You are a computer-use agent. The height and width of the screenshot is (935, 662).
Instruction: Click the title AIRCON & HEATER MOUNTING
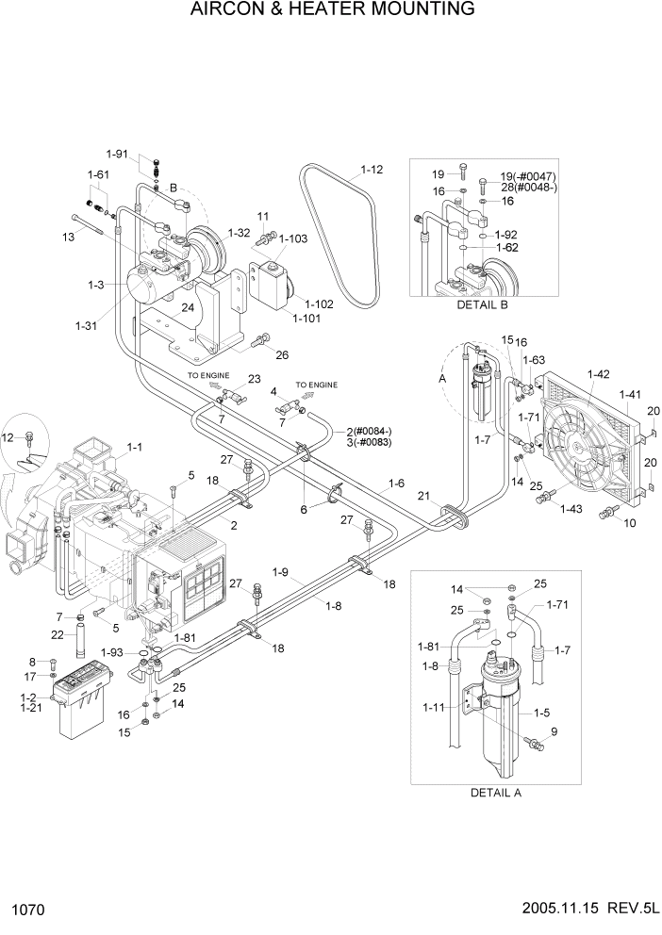point(332,10)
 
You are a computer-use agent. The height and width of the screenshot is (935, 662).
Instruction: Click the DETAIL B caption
point(482,304)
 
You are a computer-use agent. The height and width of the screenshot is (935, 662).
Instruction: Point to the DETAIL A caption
point(495,792)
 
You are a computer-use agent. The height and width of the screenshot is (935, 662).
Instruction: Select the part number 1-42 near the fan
point(598,374)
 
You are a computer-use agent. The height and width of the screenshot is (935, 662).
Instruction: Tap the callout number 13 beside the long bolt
point(67,238)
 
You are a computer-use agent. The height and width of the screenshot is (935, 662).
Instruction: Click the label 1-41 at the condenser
point(630,394)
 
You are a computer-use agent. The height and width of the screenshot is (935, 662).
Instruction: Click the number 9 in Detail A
point(554,731)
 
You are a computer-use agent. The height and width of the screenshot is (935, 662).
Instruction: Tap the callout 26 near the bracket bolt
point(281,354)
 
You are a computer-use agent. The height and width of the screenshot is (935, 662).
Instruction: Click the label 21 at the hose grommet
point(424,496)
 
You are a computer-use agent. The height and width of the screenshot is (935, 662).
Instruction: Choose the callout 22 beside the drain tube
point(57,635)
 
